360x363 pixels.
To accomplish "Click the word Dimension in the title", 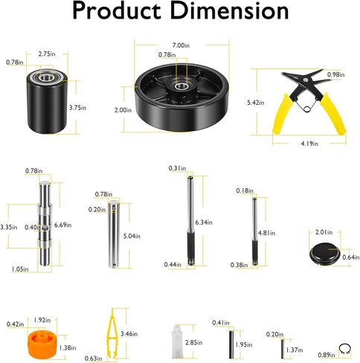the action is click(229, 10).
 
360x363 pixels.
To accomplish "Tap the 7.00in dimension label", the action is click(181, 45).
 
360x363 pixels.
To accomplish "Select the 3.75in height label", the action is click(77, 108).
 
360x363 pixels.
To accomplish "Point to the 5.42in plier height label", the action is click(256, 103).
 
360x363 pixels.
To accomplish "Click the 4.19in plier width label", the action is click(309, 144).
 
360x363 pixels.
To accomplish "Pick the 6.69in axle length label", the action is click(63, 225).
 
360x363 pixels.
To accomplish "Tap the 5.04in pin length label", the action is click(132, 236).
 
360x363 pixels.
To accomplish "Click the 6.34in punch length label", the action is click(204, 222).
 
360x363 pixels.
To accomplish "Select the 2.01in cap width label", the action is click(324, 232).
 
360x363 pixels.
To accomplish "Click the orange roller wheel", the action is click(42, 345).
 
